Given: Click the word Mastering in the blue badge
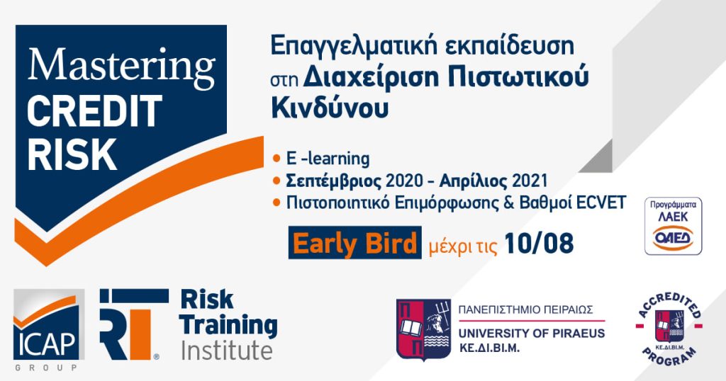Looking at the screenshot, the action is [121, 67].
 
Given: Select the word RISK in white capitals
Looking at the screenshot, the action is [72, 154].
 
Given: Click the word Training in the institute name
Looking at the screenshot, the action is [229, 326].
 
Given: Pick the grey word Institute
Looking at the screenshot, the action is [226, 351].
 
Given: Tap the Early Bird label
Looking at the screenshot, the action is [354, 243].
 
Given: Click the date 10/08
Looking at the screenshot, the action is [539, 243].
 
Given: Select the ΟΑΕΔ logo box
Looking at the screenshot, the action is [674, 226].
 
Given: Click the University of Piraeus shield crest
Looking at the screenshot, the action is [424, 329].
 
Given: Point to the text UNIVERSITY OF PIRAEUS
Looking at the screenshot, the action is [532, 334].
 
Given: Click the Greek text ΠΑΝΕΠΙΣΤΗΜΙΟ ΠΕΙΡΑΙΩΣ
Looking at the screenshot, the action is [525, 309].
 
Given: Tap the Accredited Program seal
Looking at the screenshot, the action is [669, 326].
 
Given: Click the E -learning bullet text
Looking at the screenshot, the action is [328, 159].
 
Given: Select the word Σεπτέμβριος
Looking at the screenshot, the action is [334, 181].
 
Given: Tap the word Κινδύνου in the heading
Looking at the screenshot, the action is [330, 108].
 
